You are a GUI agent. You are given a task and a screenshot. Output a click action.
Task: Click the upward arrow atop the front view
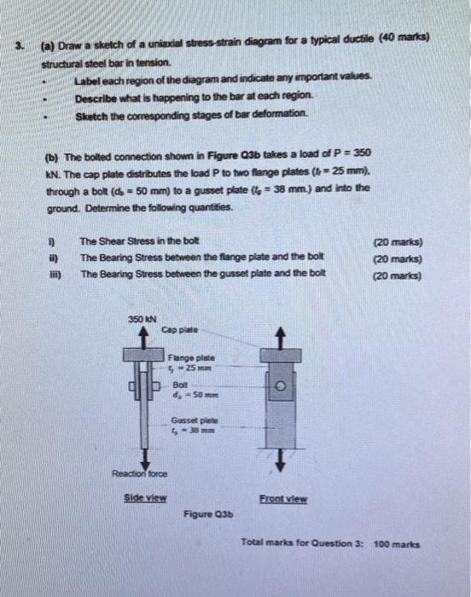(x=279, y=337)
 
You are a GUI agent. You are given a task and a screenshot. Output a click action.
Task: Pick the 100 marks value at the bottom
(x=397, y=542)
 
